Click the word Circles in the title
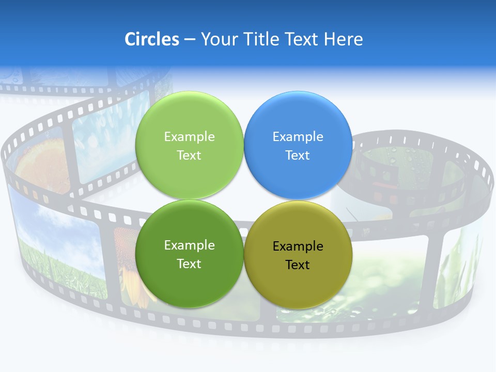coord(151,39)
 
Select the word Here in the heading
coord(344,39)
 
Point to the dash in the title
coord(190,40)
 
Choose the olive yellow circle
coord(298,282)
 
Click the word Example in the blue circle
coord(298,137)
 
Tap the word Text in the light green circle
coord(189,156)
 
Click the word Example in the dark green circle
coord(189,245)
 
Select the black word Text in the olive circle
coord(298,265)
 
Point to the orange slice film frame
coord(41,165)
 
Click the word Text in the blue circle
coord(298,156)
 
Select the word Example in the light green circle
coord(189,137)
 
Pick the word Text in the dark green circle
coord(189,264)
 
